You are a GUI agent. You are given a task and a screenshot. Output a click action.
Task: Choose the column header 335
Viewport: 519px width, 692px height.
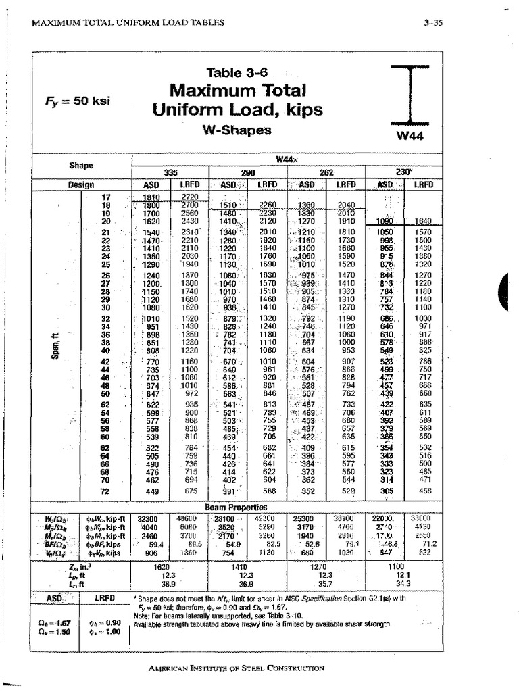170,172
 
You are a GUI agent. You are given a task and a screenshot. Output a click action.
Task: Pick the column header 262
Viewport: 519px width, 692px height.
327,172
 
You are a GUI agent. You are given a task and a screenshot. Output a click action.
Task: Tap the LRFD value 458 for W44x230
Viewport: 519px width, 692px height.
423,491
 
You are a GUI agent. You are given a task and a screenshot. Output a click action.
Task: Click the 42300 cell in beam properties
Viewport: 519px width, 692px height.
270,518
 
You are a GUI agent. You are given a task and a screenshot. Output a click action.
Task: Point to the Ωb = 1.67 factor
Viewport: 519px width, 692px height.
51,622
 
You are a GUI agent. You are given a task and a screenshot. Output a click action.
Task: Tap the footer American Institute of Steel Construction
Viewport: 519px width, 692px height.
236,668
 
